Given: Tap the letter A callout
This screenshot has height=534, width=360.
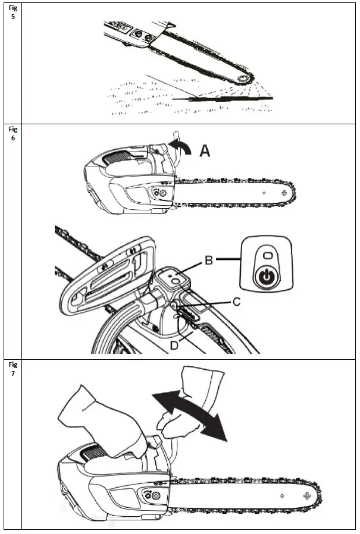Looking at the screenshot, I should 205,152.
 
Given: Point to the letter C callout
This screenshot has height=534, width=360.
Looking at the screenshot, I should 236,302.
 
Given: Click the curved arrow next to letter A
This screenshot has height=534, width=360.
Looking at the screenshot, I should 181,146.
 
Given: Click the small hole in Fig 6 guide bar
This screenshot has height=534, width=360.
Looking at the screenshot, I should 263,193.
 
